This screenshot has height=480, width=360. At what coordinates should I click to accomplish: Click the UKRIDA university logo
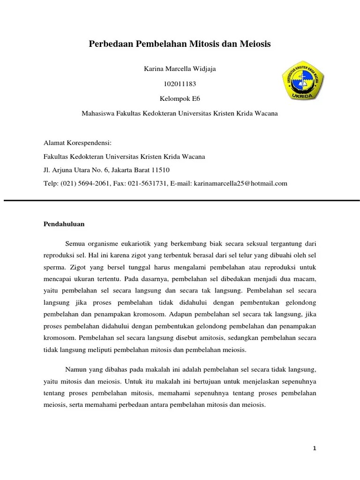[303, 80]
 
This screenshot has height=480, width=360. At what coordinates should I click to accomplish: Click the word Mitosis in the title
[203, 44]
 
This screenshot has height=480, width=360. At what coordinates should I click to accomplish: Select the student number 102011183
[180, 84]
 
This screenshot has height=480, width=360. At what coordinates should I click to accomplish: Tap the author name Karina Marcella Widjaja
[180, 69]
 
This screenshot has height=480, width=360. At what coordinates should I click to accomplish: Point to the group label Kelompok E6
[180, 99]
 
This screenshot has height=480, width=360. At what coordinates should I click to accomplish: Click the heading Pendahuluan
[64, 224]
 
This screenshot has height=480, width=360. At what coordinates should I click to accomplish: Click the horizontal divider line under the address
[180, 200]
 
